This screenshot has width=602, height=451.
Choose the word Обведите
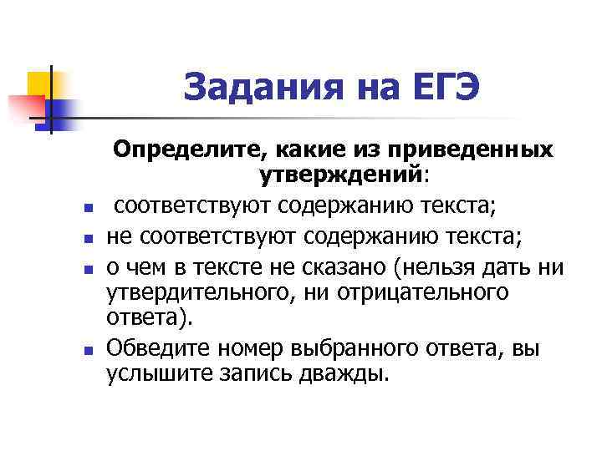pos(157,347)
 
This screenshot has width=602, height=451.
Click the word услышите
pos(157,372)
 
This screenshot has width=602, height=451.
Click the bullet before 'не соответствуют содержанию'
pos(88,240)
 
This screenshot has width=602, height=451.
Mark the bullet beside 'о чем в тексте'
pos(88,269)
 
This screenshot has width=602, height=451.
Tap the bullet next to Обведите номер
pos(88,348)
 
